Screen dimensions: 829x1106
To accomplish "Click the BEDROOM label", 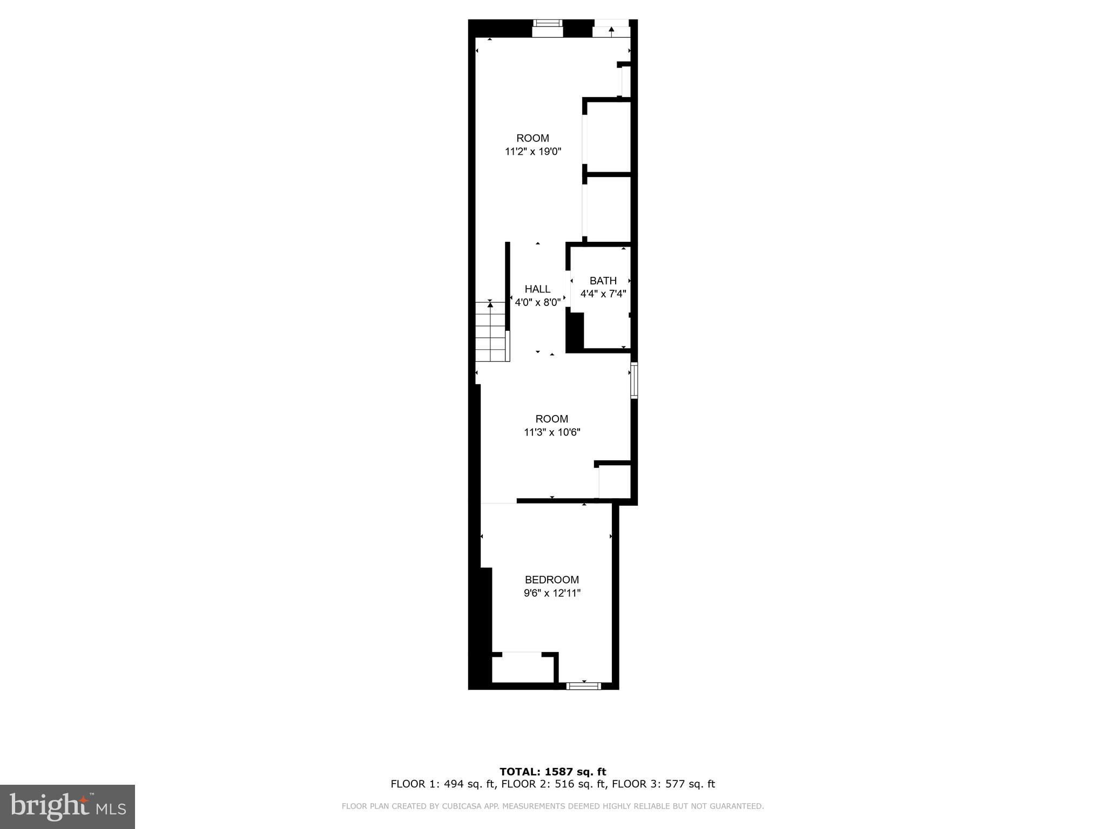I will click(551, 580).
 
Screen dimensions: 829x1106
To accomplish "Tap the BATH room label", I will click(603, 281).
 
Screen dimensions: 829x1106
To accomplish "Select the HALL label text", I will click(537, 289).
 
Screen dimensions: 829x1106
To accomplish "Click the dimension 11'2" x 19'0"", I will click(533, 152).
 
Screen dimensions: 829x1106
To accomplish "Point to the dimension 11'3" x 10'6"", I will click(552, 432).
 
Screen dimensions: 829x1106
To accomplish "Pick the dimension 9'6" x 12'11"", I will click(551, 593).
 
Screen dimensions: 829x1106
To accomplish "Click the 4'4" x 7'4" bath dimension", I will click(603, 294).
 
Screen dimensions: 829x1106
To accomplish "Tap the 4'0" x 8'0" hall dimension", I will click(537, 303).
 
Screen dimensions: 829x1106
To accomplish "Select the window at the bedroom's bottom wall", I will click(583, 686).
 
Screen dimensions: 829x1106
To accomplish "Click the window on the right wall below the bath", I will click(634, 380).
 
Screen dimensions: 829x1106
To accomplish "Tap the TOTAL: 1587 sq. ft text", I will click(552, 772).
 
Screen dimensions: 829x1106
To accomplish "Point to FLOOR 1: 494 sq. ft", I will click(442, 784).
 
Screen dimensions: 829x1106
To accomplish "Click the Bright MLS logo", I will click(68, 806).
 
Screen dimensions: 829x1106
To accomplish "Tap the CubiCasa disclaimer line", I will click(552, 806).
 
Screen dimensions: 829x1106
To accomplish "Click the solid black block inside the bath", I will click(575, 332).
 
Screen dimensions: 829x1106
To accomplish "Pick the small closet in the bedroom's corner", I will click(522, 669).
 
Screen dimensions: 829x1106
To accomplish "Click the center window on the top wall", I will click(547, 28).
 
